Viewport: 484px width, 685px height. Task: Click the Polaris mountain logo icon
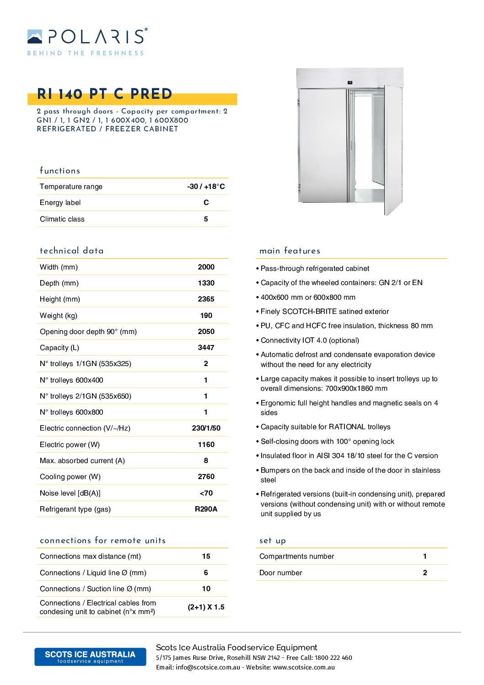[x=35, y=37]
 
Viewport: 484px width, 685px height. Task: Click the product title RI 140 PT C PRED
[x=104, y=94]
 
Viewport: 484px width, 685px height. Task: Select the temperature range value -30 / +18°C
[x=206, y=187]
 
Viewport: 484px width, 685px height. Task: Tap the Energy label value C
[x=206, y=203]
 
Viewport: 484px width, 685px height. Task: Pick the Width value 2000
[x=206, y=267]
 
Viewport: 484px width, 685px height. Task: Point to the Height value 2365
[x=206, y=299]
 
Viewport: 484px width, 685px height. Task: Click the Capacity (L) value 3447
[x=206, y=348]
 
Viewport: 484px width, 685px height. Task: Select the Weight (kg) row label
[x=59, y=316]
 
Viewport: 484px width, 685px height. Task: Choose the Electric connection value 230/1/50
[x=206, y=428]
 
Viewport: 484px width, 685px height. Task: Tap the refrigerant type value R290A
[x=206, y=509]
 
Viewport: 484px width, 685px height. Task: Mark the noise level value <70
[x=206, y=493]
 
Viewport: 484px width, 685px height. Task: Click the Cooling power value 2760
[x=206, y=477]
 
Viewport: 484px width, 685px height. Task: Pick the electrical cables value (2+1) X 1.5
[x=206, y=607]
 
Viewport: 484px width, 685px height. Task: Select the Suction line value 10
[x=206, y=589]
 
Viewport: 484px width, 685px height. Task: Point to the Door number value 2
[x=425, y=573]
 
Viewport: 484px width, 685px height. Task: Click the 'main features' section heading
[x=290, y=251]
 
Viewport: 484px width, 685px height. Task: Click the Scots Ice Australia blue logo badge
[x=90, y=657]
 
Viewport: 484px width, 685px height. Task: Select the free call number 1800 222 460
[x=333, y=658]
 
